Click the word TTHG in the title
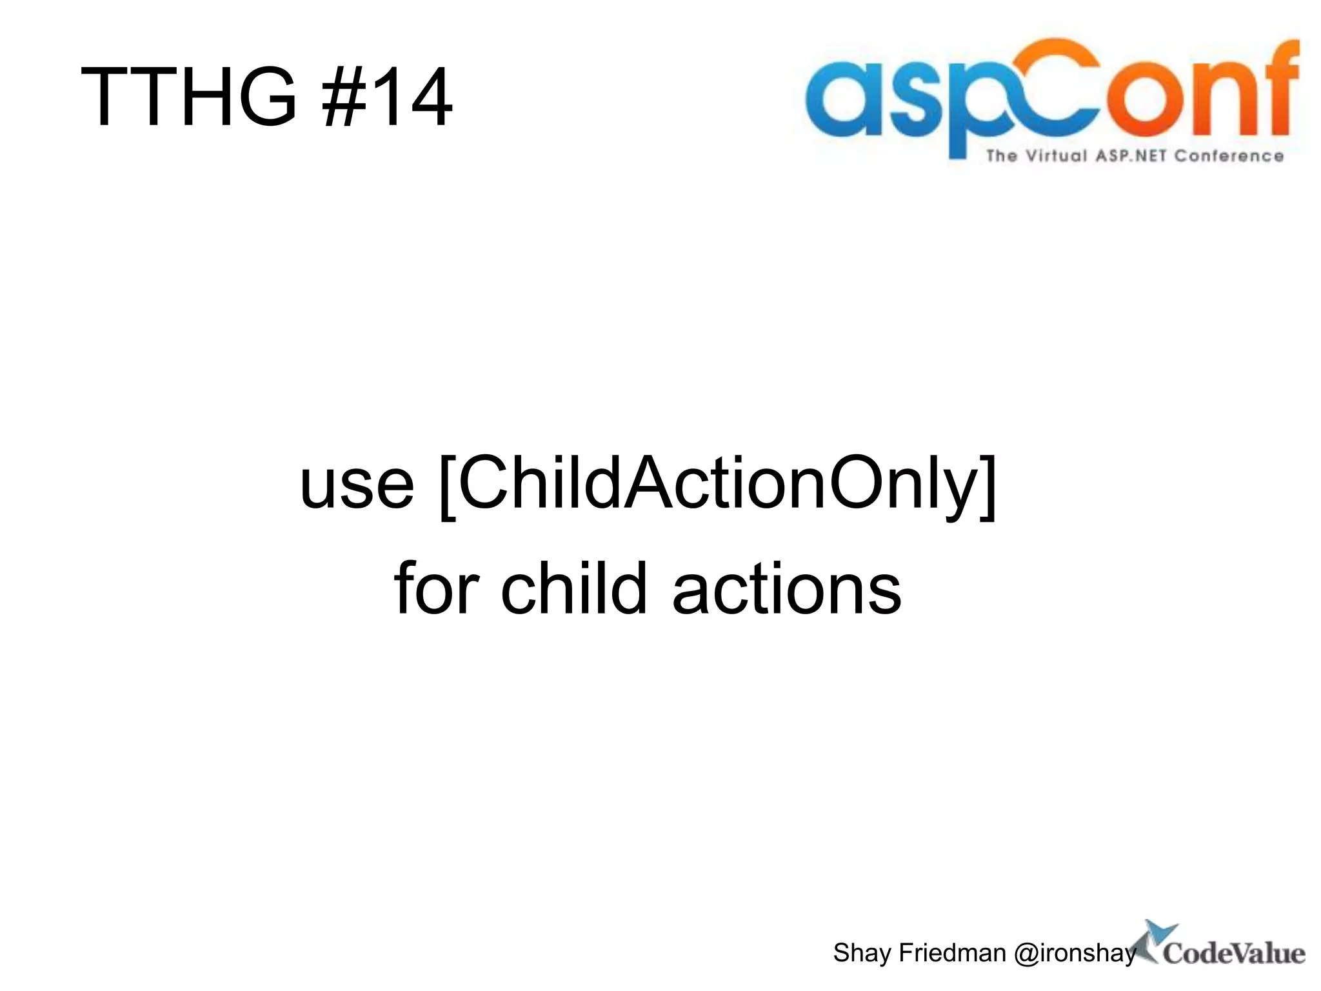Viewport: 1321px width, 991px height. [188, 97]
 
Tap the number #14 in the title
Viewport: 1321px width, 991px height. [388, 97]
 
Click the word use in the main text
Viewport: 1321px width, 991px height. [357, 484]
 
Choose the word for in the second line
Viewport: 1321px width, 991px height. [437, 588]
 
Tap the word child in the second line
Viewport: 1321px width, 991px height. [574, 588]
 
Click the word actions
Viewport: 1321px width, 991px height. [786, 589]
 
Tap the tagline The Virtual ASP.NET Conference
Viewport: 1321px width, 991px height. [1135, 156]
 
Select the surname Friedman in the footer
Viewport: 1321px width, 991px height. [951, 953]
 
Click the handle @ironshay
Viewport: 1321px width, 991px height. [1075, 953]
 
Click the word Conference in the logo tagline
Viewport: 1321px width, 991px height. [1229, 156]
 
